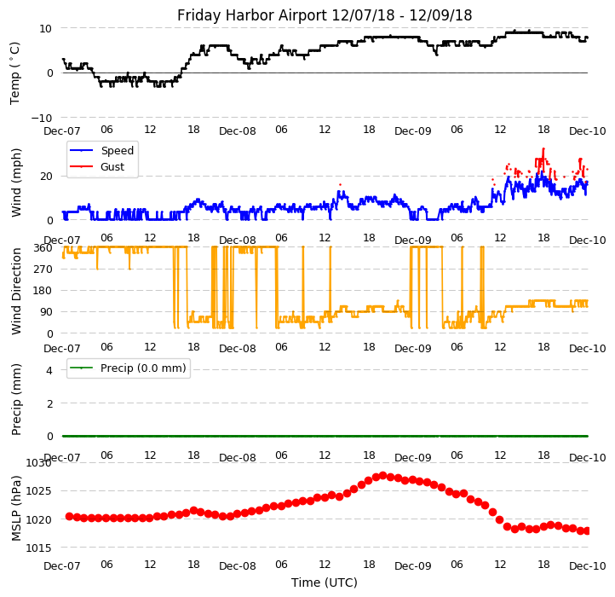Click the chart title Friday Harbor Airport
click(325, 15)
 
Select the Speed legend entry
click(117, 151)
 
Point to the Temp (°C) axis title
click(15, 72)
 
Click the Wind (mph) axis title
click(16, 182)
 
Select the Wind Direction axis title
click(16, 290)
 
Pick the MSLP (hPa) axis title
click(16, 507)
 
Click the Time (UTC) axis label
click(325, 583)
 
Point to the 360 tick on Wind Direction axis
click(43, 247)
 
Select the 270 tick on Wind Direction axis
click(43, 269)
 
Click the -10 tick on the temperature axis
click(40, 118)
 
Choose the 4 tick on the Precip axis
click(49, 370)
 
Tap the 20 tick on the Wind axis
click(46, 176)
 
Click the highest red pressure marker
click(382, 476)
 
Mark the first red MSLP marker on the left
click(69, 516)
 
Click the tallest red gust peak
click(543, 149)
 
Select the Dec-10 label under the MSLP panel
click(588, 565)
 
